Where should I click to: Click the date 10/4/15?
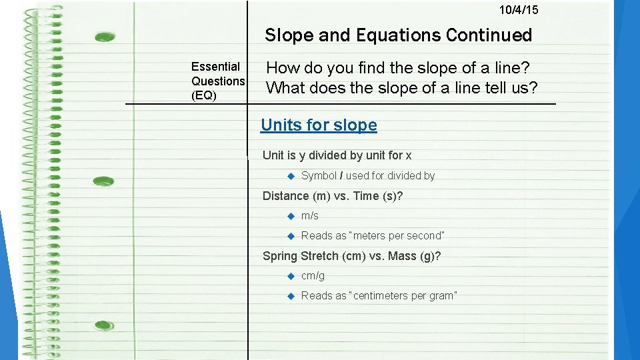519,10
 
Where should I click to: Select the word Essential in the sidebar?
215,67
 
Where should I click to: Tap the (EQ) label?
204,95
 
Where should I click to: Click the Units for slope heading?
319,125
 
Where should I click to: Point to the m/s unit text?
310,215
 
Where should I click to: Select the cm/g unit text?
313,275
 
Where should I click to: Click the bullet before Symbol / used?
291,176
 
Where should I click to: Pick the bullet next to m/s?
291,216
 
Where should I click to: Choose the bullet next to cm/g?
291,276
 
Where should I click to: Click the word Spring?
280,256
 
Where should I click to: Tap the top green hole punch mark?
105,37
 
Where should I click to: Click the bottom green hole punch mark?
103,325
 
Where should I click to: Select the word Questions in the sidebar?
218,81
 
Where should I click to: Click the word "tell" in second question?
477,87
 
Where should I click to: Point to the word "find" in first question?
354,68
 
